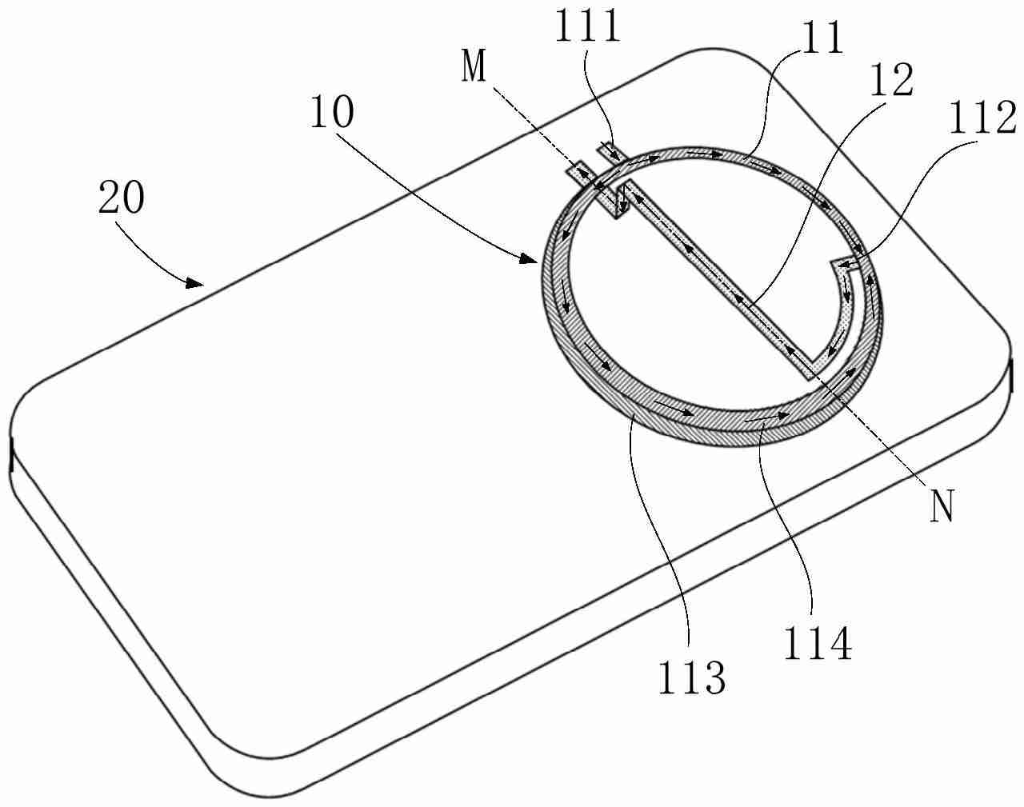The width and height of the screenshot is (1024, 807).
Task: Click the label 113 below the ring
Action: tap(691, 679)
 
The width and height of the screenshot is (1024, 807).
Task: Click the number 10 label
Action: tap(331, 114)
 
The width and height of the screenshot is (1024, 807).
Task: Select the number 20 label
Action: tap(122, 198)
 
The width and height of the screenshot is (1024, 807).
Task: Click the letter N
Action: tap(943, 507)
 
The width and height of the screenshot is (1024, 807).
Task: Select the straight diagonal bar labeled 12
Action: tap(720, 280)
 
